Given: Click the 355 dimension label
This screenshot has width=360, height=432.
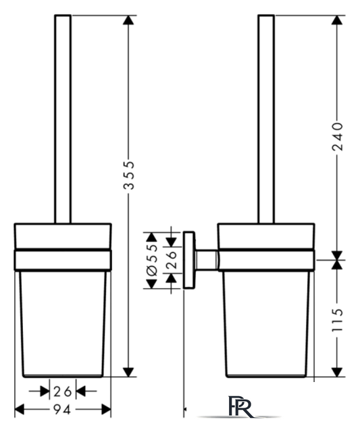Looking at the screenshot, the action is point(129,175).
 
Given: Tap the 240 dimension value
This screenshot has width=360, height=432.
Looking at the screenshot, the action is point(337,137).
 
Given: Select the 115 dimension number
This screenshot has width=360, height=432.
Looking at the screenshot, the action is point(337,319).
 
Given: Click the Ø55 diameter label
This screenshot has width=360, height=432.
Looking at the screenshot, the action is point(152,260).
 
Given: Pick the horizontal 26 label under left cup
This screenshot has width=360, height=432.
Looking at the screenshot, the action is point(63,391).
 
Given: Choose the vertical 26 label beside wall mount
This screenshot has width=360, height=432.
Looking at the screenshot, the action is point(171,259).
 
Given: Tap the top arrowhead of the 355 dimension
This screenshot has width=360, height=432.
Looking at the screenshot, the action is point(128,20).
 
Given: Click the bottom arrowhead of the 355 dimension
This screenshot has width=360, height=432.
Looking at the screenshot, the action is point(128,372).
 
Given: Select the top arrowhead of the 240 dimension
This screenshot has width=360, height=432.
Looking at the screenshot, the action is point(337,20).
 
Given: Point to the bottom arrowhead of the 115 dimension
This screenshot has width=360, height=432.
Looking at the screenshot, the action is point(337,372).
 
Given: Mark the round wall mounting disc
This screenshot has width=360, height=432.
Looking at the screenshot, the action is point(189,260).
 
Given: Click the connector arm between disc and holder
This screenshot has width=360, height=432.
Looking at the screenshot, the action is point(207,260).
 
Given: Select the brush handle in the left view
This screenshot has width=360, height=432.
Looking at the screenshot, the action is point(63,119).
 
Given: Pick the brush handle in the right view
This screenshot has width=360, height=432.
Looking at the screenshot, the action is point(266,119).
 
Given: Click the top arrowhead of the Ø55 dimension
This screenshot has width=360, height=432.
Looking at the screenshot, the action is point(151,237).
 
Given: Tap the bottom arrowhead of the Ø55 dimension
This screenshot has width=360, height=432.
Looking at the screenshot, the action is point(151,284).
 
